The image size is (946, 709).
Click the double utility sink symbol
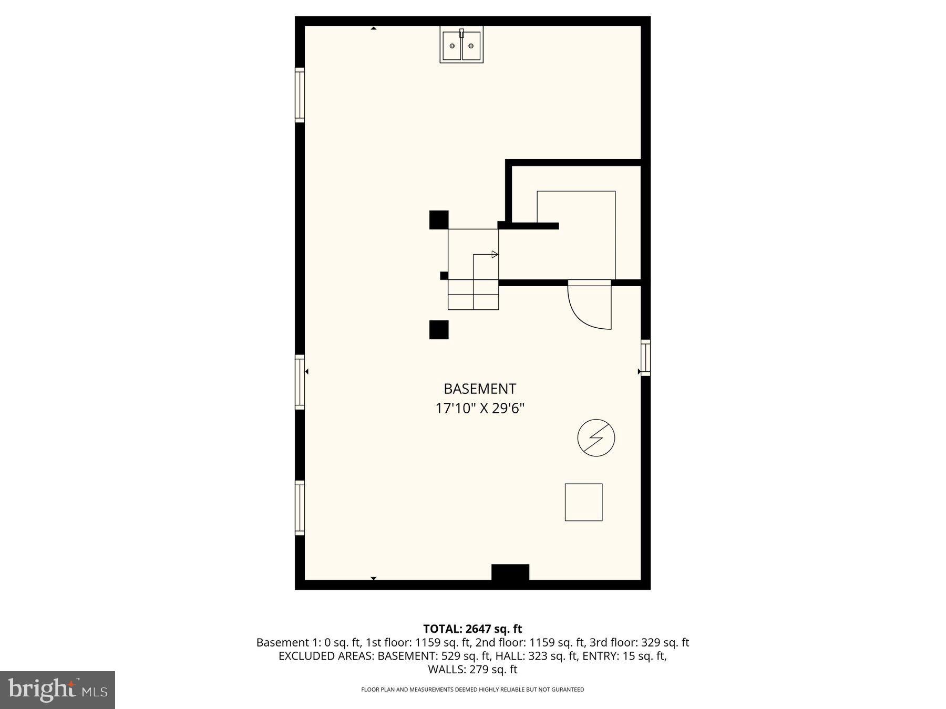click(x=461, y=46)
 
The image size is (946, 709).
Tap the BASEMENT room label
click(x=480, y=389)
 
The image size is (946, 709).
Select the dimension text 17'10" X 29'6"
click(x=480, y=409)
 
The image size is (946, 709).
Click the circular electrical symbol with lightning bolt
click(x=596, y=437)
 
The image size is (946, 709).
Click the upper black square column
click(x=439, y=220)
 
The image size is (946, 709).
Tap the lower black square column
click(x=439, y=330)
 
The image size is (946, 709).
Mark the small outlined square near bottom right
click(x=583, y=502)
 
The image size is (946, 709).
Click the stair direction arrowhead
click(x=495, y=254)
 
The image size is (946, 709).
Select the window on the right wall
click(x=645, y=358)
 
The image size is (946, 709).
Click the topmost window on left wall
click(x=300, y=95)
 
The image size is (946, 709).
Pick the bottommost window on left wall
click(x=300, y=508)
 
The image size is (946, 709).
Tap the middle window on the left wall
click(x=300, y=382)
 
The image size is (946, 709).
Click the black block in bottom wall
click(x=510, y=572)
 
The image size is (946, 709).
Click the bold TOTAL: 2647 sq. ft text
click(x=472, y=629)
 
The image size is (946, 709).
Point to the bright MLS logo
click(x=57, y=690)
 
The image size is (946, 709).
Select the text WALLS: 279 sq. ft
click(x=472, y=670)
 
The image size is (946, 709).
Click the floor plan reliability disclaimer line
click(x=472, y=690)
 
